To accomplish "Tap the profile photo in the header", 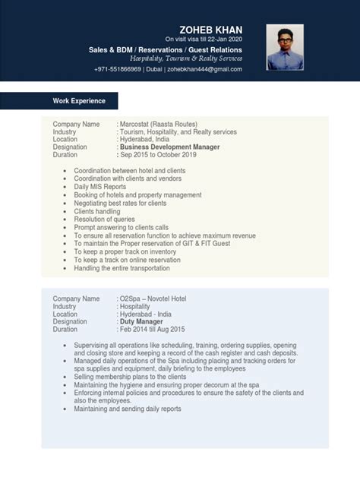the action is [285, 47].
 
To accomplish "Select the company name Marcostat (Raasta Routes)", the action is [159, 124].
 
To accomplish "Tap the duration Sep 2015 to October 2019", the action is [159, 154].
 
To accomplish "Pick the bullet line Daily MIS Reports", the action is [100, 187].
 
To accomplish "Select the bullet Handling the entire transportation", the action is [125, 268].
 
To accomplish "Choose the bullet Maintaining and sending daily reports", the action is [128, 409].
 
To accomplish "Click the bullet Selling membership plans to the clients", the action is [130, 377].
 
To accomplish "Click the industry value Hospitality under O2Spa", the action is [135, 307].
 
